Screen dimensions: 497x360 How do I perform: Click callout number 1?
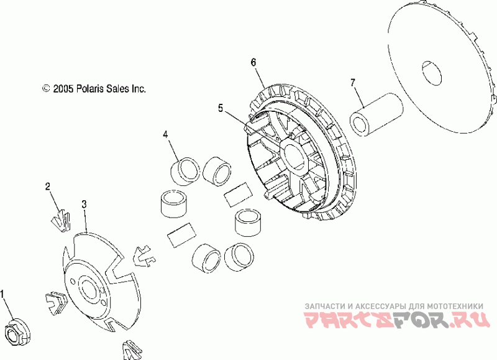tap(5, 293)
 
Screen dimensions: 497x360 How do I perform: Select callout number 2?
tap(48, 187)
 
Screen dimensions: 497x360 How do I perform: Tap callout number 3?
tap(84, 204)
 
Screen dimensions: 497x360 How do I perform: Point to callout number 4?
tap(165, 134)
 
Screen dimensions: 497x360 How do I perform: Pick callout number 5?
tap(221, 108)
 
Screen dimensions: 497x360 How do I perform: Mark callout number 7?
tap(353, 82)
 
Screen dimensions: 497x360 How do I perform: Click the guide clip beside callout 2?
tap(60, 218)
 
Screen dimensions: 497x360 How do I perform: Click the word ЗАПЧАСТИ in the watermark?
tap(325, 307)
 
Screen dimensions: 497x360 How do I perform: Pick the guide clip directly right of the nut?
tap(54, 302)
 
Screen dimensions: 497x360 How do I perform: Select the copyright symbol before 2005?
tap(45, 89)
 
